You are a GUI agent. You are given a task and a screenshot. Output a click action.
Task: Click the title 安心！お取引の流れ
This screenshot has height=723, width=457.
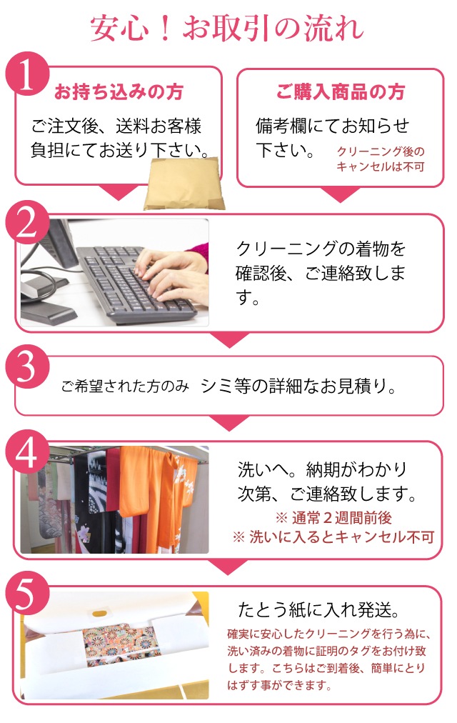tap(226, 29)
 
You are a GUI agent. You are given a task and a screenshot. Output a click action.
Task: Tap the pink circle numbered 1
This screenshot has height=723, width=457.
tap(27, 74)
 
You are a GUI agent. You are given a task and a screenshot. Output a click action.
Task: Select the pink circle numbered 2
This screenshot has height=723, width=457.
tap(27, 222)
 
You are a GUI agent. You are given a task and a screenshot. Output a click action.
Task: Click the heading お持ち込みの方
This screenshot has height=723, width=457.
tap(119, 91)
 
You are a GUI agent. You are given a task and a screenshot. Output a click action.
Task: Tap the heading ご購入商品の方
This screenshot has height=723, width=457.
tap(341, 91)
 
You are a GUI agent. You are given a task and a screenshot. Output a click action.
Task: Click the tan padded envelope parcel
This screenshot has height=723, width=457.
tap(184, 184)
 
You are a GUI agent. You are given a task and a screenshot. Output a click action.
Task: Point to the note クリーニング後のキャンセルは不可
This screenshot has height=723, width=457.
tap(381, 159)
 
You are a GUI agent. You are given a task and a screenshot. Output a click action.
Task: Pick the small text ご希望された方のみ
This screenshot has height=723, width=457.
tap(125, 387)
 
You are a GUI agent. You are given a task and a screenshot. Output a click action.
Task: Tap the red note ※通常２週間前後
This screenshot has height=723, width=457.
tap(333, 518)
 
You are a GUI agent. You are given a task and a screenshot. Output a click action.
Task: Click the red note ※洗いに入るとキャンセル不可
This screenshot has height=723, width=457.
tap(333, 537)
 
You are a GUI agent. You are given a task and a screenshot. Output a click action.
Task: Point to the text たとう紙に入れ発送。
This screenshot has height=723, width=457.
tap(318, 610)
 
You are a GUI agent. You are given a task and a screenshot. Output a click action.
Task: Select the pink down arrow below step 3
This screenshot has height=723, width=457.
tap(229, 422)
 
